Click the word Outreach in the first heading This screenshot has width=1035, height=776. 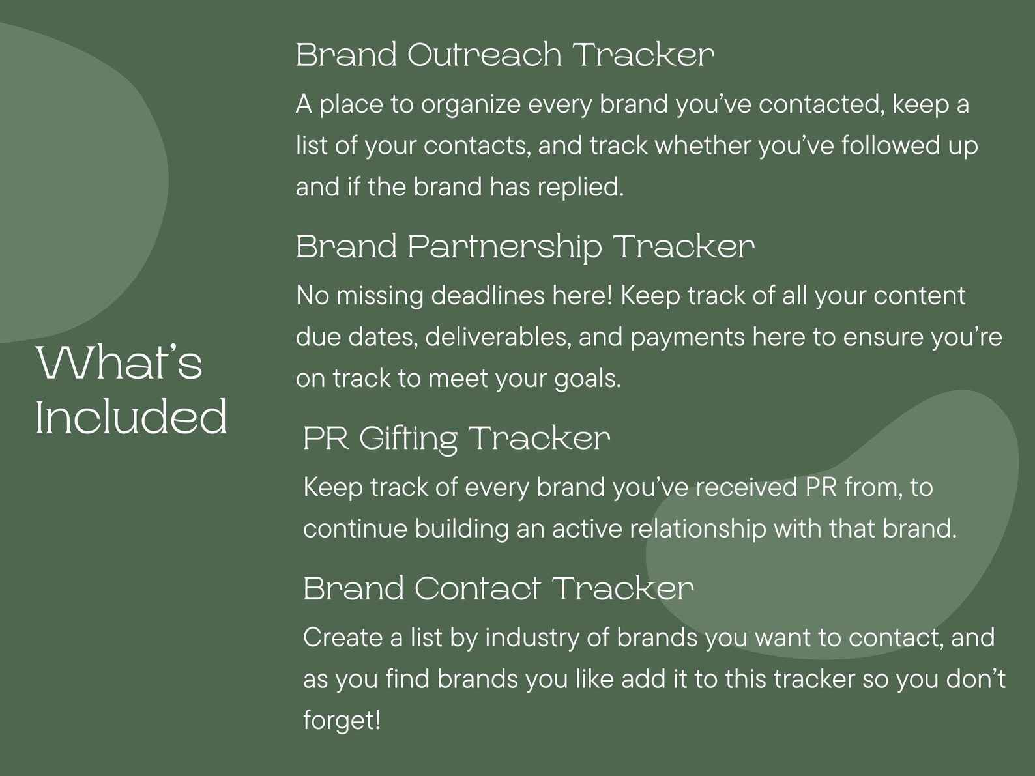pyautogui.click(x=484, y=55)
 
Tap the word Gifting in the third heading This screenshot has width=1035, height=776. pyautogui.click(x=409, y=438)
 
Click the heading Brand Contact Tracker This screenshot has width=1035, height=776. pyautogui.click(x=498, y=588)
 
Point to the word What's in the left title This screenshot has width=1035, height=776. pyautogui.click(x=119, y=363)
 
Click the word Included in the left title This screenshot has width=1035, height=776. pyautogui.click(x=132, y=418)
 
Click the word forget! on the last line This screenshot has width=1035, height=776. pyautogui.click(x=342, y=721)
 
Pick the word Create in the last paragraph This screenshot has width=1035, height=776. pyautogui.click(x=343, y=638)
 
